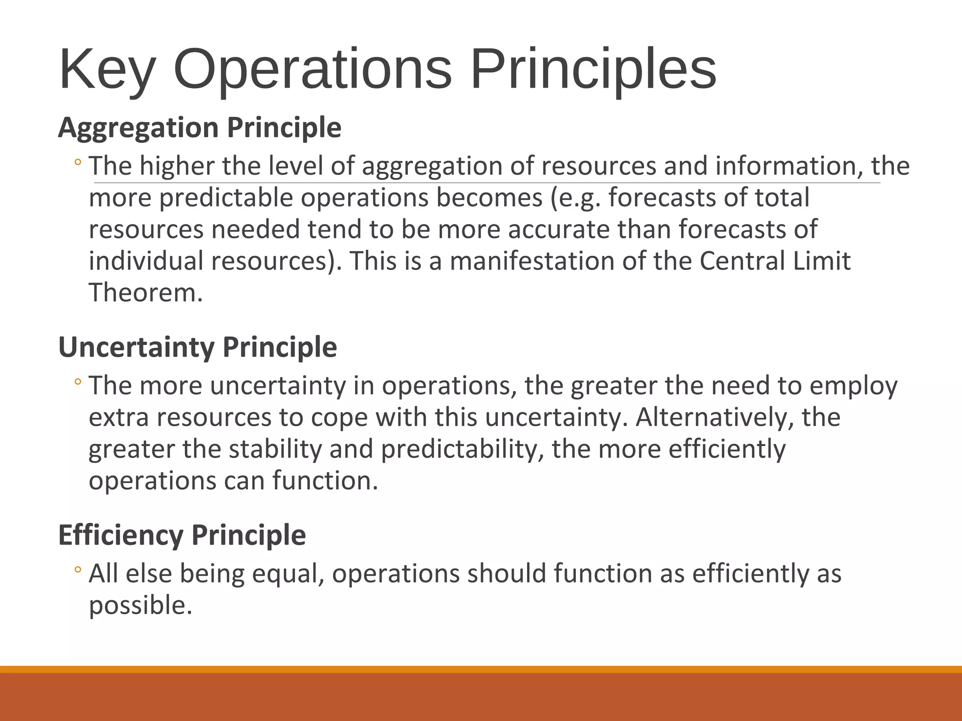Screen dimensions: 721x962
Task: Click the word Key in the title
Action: [x=107, y=70]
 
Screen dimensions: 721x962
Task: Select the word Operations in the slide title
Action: [x=312, y=70]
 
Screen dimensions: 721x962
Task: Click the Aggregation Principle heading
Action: [x=200, y=128]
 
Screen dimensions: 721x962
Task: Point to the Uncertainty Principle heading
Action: [x=197, y=347]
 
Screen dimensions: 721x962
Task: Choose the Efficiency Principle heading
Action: [x=182, y=535]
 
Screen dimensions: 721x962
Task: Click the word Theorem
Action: [x=146, y=293]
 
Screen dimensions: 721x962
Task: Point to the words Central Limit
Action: [x=775, y=261]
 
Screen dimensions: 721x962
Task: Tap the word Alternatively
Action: [x=714, y=417]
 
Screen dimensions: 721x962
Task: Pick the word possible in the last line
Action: [x=140, y=606]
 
